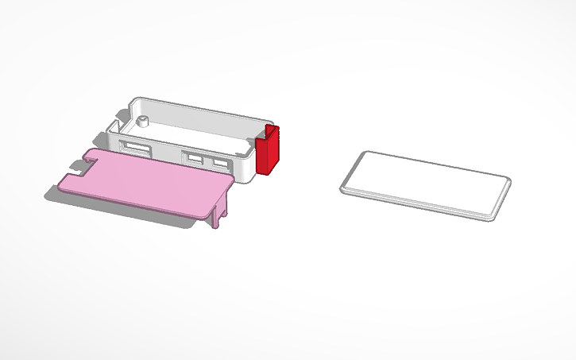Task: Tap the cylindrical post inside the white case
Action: [143, 121]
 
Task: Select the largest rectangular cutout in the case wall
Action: [134, 148]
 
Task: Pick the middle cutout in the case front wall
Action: [194, 157]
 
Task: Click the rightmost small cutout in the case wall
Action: [219, 163]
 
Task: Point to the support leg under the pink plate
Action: [221, 213]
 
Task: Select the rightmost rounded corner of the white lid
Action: [506, 182]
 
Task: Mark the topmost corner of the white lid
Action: [366, 152]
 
